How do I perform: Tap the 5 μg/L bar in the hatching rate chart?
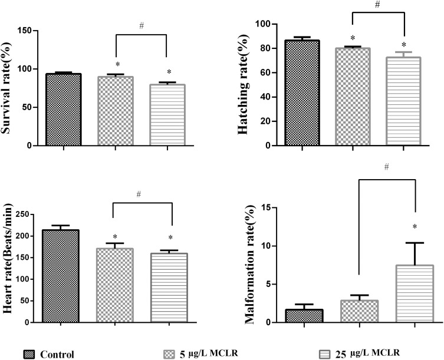click(x=353, y=97)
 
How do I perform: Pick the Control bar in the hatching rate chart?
click(x=302, y=93)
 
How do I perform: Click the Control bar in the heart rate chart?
click(x=62, y=276)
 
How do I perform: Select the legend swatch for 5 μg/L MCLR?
click(x=169, y=354)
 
